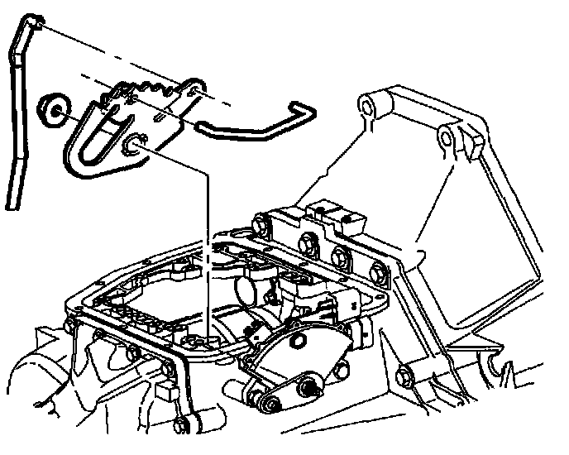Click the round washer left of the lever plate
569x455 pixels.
(55, 108)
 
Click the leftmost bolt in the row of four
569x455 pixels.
(263, 223)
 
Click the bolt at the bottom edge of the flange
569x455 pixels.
(181, 424)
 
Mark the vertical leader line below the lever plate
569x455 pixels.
(208, 248)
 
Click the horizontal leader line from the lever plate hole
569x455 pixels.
(178, 160)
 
